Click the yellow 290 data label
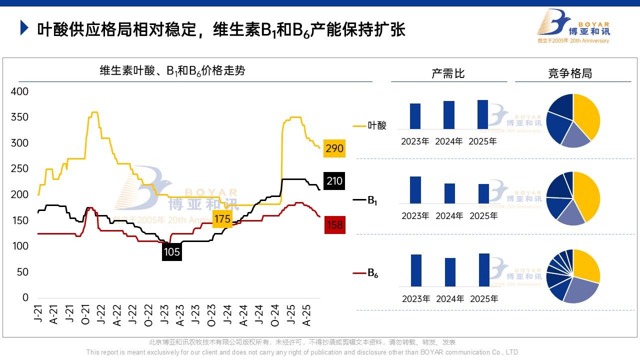(334, 148)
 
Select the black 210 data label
(334, 180)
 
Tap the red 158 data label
(334, 225)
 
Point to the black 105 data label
(171, 252)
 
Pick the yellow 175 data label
(222, 219)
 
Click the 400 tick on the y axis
(19, 91)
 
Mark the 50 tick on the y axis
(22, 272)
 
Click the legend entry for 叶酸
(370, 125)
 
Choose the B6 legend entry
(366, 273)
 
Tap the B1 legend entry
(365, 200)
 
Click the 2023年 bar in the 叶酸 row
(415, 116)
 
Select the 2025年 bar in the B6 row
(484, 270)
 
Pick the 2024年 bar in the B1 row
(449, 193)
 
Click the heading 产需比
(448, 73)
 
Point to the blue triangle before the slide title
(24, 28)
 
